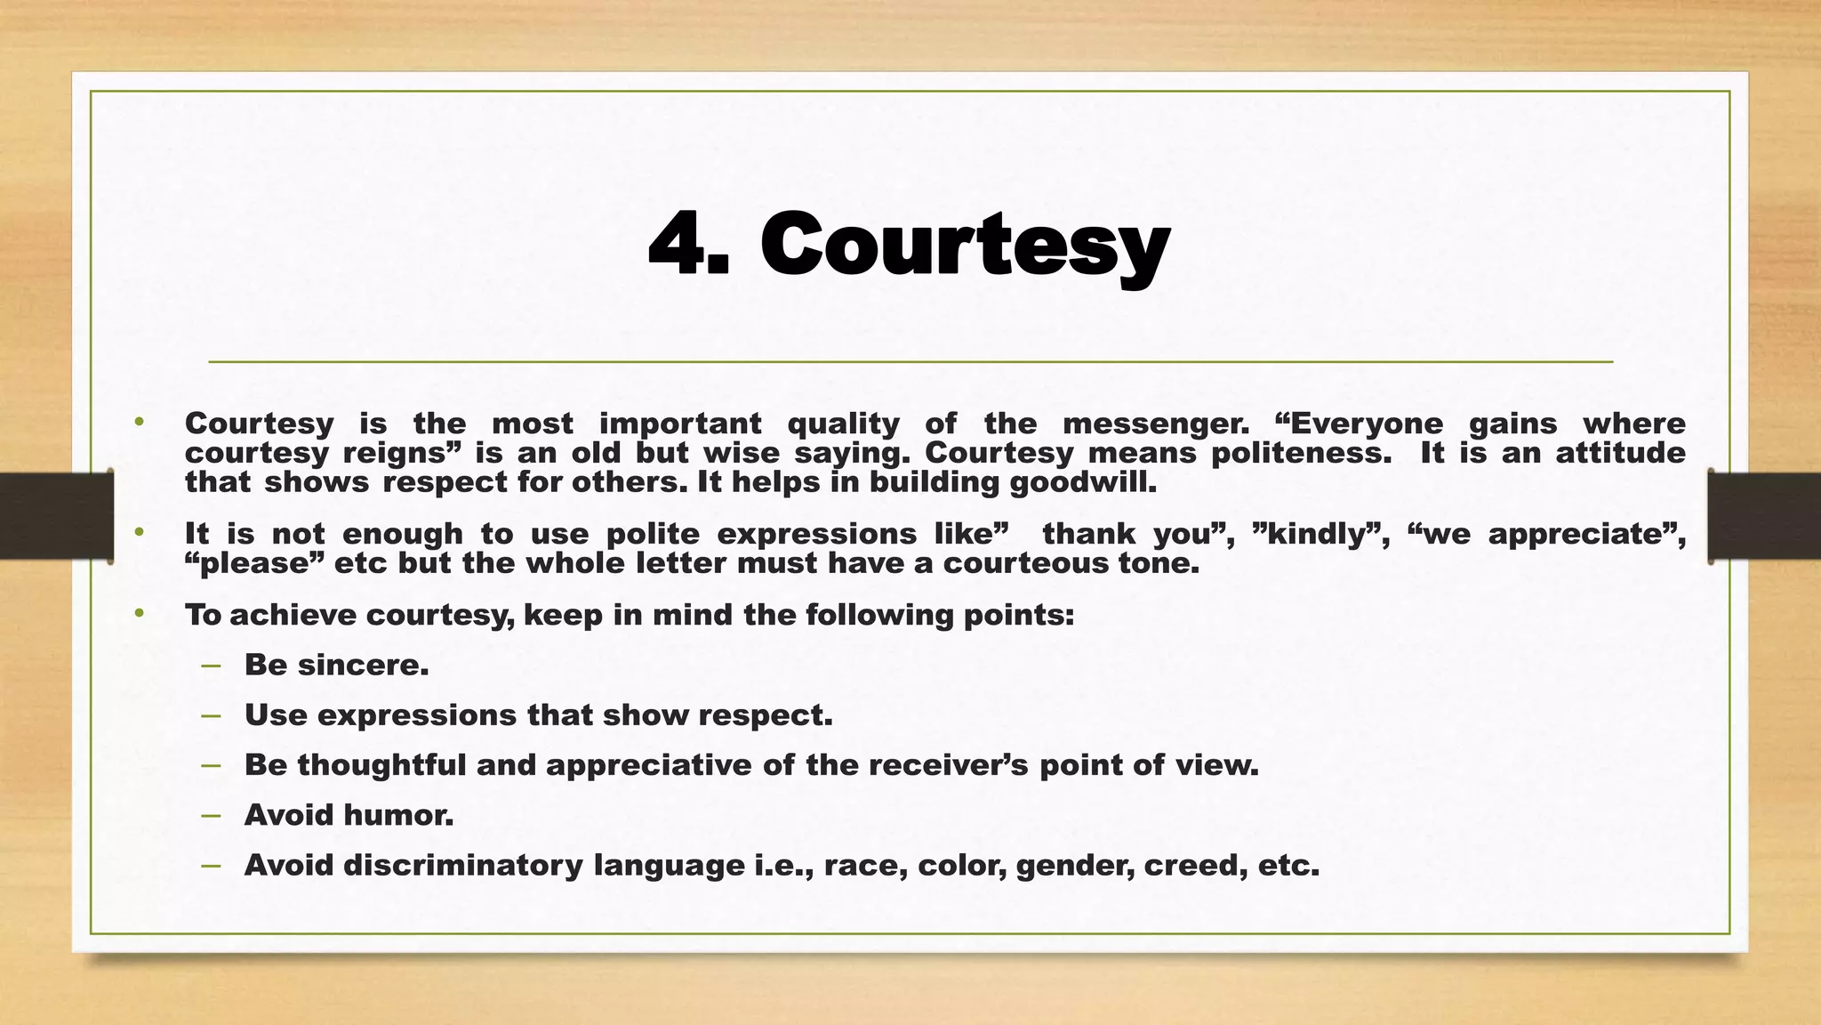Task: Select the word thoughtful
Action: pos(381,764)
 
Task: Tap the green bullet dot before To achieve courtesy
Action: pos(139,614)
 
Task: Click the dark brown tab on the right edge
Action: pos(1764,516)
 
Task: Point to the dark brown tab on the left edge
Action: pos(56,516)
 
